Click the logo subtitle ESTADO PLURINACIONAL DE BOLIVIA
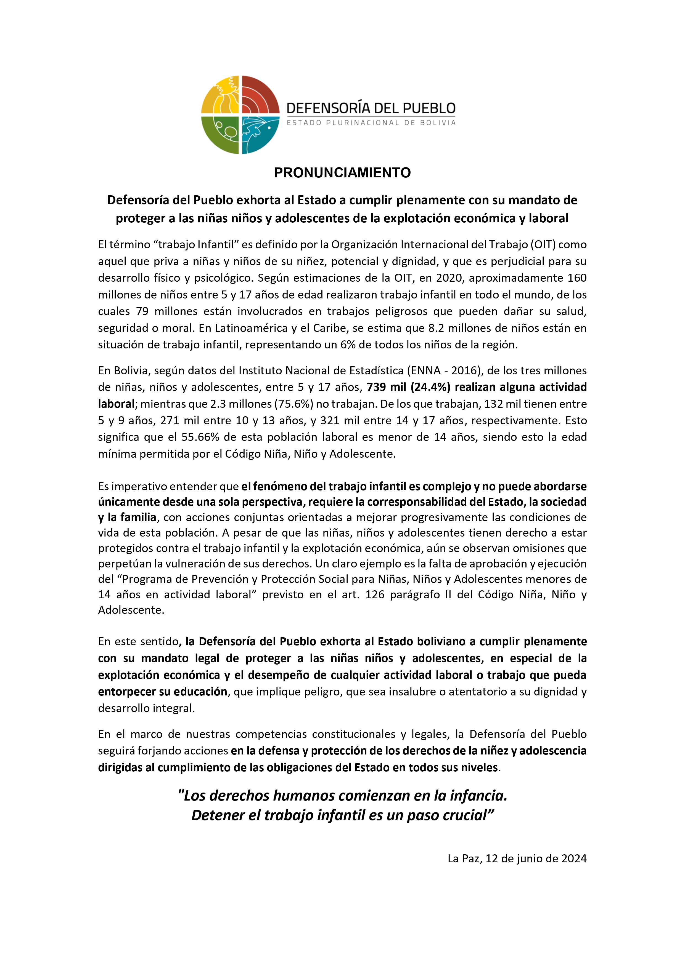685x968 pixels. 371,123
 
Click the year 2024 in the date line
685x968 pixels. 573,858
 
